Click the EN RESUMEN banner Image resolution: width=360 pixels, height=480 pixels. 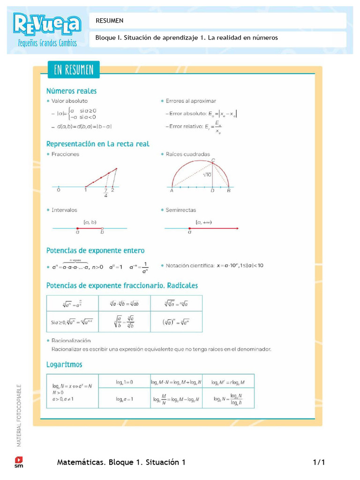(x=74, y=70)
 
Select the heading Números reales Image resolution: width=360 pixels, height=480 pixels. (x=71, y=91)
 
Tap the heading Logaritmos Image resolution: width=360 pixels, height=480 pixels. (x=64, y=364)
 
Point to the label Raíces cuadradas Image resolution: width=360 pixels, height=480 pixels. (x=187, y=154)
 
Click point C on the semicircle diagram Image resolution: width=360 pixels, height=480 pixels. (x=213, y=161)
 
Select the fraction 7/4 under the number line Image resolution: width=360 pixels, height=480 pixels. (x=106, y=193)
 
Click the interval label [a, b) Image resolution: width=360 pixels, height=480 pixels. (x=90, y=222)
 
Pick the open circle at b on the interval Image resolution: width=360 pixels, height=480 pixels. (x=102, y=228)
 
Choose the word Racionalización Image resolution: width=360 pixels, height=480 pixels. (x=71, y=341)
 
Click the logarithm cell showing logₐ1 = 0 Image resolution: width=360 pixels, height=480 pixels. (x=124, y=382)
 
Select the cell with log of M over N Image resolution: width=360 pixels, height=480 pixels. (x=176, y=399)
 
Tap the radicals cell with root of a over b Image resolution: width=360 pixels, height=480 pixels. (x=124, y=322)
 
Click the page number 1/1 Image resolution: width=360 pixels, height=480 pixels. (x=319, y=463)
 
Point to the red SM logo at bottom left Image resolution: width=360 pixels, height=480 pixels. (x=19, y=462)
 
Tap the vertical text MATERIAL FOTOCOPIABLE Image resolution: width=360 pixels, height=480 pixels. (x=19, y=415)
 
